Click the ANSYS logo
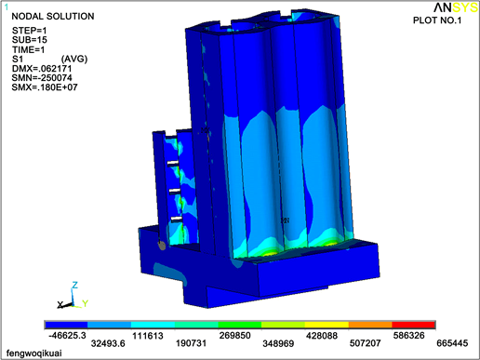[x=456, y=7]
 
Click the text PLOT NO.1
[x=437, y=20]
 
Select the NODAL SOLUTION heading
[x=53, y=16]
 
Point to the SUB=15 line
[x=30, y=40]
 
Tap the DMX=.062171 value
[x=42, y=69]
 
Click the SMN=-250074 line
[x=42, y=78]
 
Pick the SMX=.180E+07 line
[x=45, y=87]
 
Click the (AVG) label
[x=74, y=59]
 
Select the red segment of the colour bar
[x=413, y=325]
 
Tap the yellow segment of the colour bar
[x=327, y=325]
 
